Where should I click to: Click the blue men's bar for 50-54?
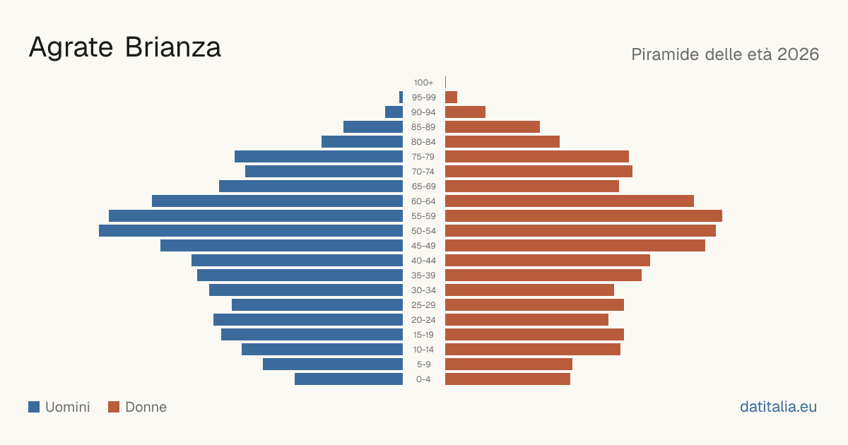coord(251,231)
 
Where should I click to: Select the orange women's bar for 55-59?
coord(584,215)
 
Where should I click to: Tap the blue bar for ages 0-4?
coord(348,379)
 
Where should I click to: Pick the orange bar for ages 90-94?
coord(465,112)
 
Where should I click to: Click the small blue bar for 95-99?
coord(401,97)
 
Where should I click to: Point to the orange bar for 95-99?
coord(452,97)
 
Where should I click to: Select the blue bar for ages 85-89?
coord(373,126)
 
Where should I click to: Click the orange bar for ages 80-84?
coord(502,142)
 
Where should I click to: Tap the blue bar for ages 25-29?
coord(317,305)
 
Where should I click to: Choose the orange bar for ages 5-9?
coord(509,364)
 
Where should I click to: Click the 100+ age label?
coord(423,83)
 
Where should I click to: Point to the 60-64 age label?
coord(423,201)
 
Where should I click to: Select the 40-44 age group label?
coord(423,261)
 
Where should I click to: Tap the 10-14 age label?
coord(423,350)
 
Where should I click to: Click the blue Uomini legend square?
coord(34,407)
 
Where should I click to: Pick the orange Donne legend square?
coord(114,407)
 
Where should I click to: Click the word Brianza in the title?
coord(172,47)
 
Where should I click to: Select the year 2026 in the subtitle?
coord(798,54)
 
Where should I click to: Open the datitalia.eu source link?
coord(778,407)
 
